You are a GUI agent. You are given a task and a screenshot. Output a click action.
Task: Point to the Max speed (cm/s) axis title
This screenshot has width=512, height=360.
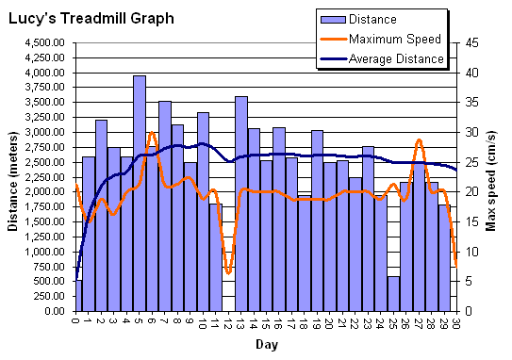(491, 176)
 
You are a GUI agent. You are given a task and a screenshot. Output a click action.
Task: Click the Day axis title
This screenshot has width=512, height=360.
(266, 345)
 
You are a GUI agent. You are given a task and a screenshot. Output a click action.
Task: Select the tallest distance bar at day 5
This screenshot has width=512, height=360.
(140, 193)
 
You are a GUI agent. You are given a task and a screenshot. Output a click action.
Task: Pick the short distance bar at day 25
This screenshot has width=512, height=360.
(393, 293)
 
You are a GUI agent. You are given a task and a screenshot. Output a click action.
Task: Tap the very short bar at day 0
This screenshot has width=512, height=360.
(77, 296)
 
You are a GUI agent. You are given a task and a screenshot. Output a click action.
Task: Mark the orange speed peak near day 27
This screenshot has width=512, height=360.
(419, 140)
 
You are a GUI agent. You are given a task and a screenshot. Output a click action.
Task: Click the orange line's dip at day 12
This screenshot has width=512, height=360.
(228, 273)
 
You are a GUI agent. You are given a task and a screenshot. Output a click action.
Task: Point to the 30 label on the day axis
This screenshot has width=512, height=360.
(456, 322)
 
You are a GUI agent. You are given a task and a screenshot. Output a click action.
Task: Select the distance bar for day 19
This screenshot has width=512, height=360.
(317, 221)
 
